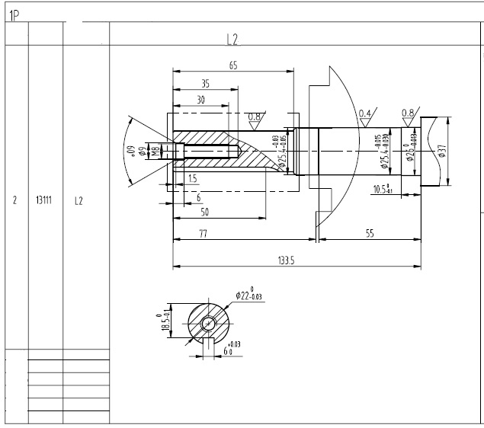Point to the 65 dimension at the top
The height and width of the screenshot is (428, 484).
pos(232,66)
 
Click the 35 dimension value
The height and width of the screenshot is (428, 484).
pos(205,83)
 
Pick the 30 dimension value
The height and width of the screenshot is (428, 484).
pos(200,100)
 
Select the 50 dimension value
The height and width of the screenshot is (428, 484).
pos(205,211)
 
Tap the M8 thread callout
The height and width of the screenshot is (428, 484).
pos(154,151)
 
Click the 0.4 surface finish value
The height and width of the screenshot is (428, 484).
pos(364,113)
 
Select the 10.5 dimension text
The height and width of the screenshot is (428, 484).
pos(382,189)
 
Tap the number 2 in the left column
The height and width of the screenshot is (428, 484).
pos(15,202)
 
